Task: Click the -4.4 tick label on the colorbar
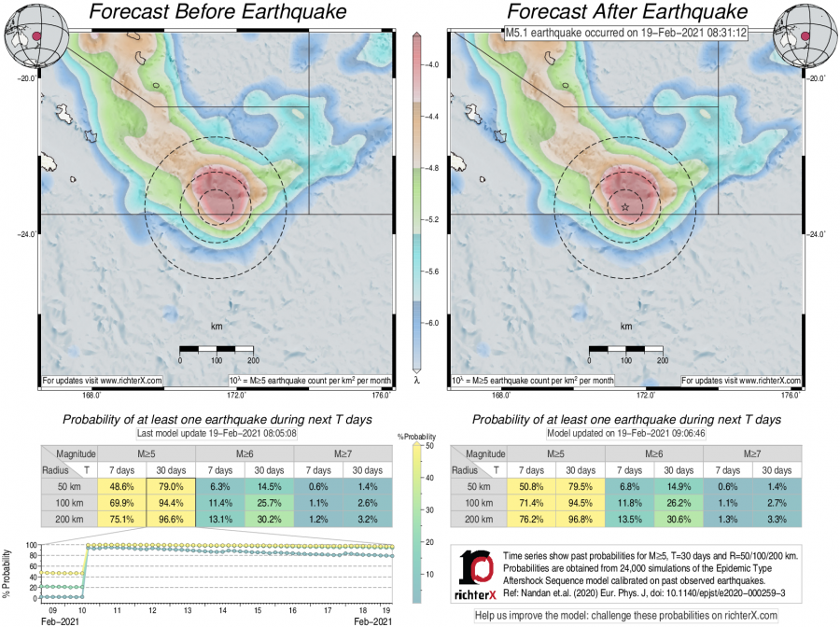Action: tap(433, 117)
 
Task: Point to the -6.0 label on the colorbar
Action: tap(433, 322)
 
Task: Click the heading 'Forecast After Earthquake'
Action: tap(627, 12)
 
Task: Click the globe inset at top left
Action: tap(28, 35)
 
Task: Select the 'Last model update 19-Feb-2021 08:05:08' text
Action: tap(217, 434)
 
